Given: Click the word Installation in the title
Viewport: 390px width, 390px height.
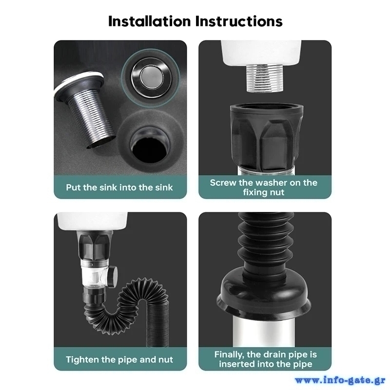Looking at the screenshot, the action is click(x=150, y=21).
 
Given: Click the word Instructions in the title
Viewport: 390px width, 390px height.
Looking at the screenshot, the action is click(x=239, y=21).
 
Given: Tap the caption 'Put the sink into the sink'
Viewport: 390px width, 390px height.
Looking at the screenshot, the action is click(x=119, y=187).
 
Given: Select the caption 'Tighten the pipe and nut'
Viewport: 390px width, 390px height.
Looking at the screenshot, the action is click(x=119, y=360).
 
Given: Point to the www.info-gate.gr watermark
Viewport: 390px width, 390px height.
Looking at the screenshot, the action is click(x=340, y=380).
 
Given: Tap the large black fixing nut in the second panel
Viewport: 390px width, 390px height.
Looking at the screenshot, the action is click(x=266, y=137).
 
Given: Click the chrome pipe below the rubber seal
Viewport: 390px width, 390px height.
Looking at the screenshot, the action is click(x=264, y=332).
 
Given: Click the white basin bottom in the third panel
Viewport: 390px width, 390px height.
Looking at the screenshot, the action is click(x=92, y=221).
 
